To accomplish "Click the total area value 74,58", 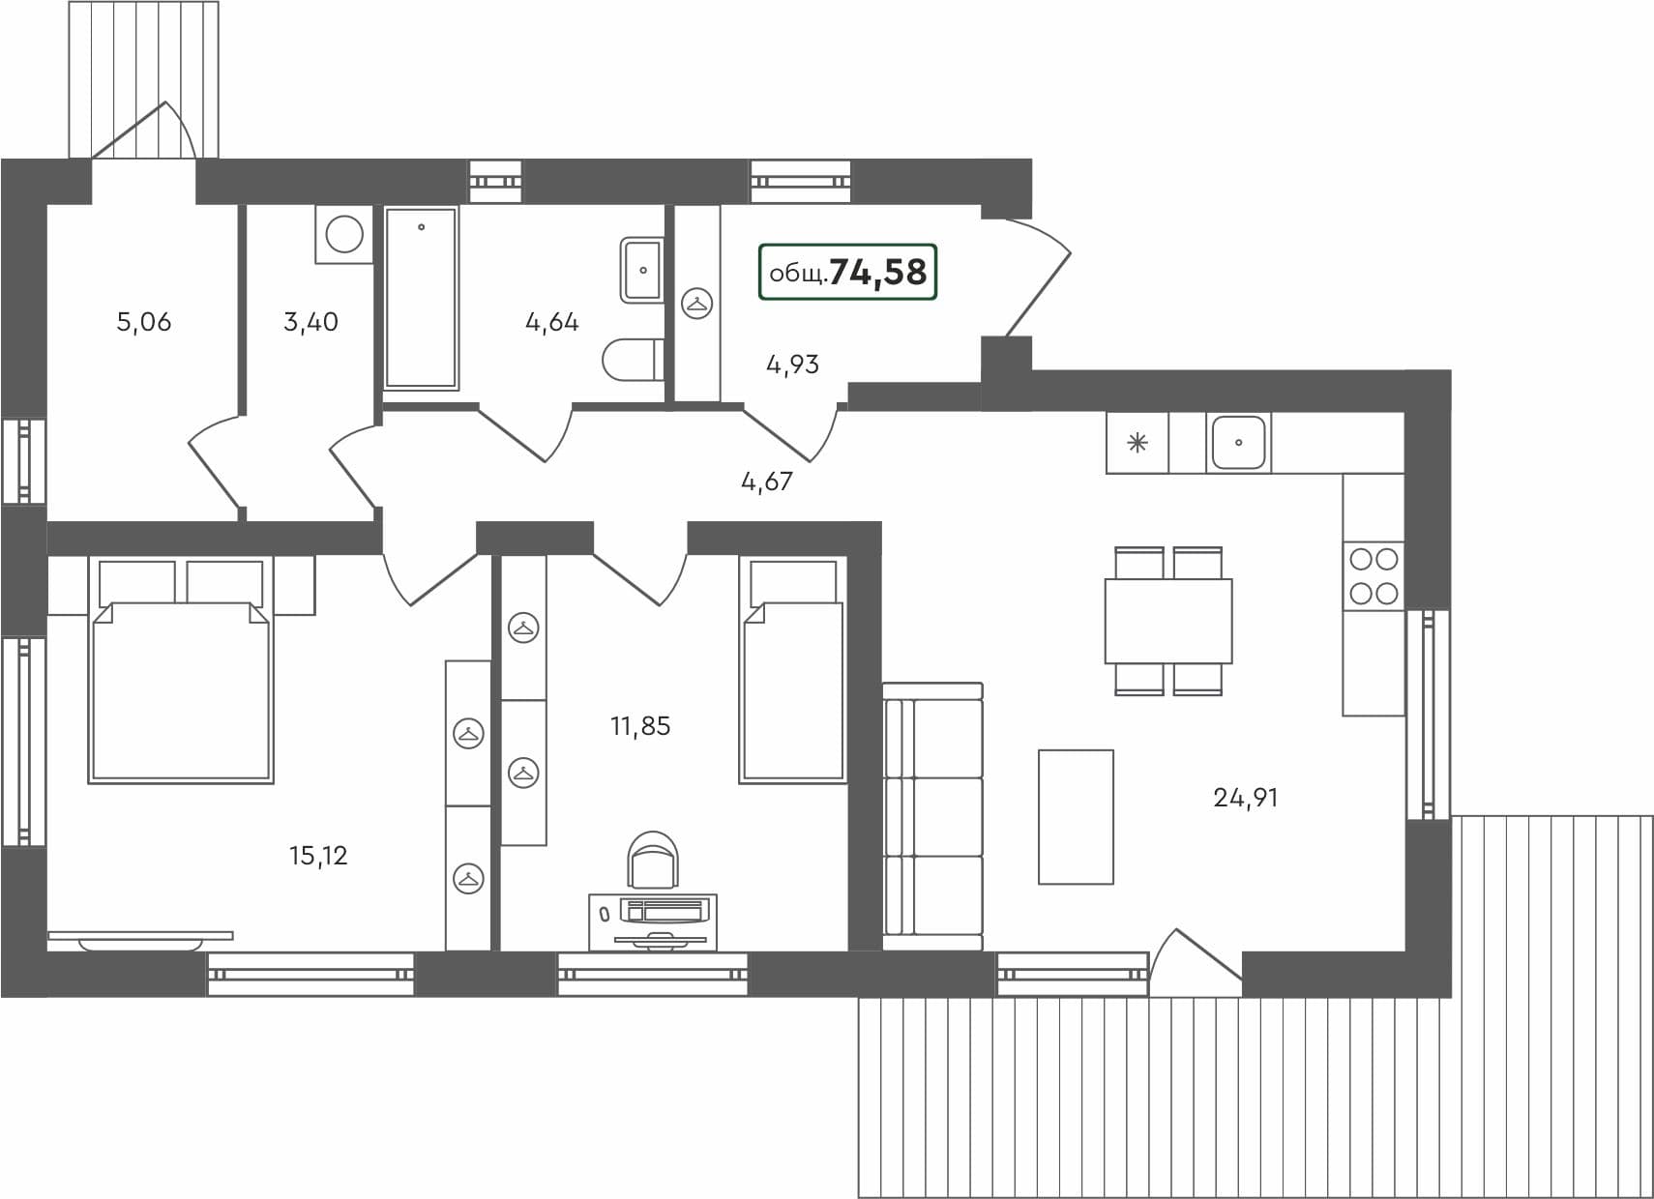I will click(x=877, y=272).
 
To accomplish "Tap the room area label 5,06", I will click(x=144, y=321).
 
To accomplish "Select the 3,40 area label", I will click(x=310, y=321).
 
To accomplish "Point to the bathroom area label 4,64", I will click(x=551, y=321).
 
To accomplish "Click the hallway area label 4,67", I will click(x=766, y=481).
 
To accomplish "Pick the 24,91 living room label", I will click(x=1245, y=798).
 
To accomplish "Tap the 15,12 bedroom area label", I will click(x=318, y=856).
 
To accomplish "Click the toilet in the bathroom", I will click(x=632, y=360).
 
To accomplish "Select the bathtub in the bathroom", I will click(x=421, y=298).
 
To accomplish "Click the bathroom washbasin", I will click(x=641, y=270).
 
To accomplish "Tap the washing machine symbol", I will click(x=344, y=234).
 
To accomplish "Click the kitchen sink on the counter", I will click(x=1238, y=443).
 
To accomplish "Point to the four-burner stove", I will click(x=1373, y=576).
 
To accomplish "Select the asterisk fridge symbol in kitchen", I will click(x=1137, y=444).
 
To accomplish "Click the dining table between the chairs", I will click(x=1168, y=621).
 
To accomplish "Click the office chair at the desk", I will click(x=653, y=860).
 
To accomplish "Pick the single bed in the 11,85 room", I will click(x=793, y=687).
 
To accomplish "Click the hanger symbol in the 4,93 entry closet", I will click(x=696, y=304).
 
